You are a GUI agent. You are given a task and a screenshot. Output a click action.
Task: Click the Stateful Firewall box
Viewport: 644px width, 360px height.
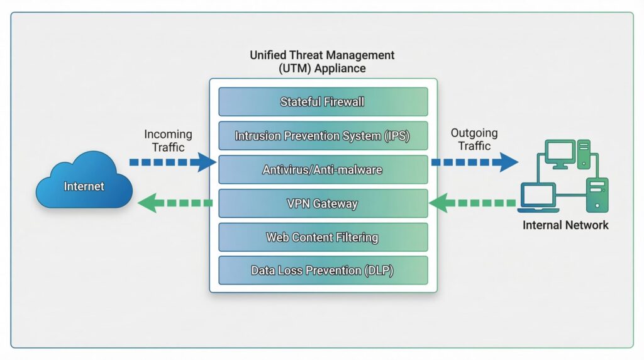pyautogui.click(x=323, y=101)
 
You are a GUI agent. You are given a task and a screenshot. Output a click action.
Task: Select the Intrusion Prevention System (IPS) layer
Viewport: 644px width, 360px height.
pyautogui.click(x=323, y=135)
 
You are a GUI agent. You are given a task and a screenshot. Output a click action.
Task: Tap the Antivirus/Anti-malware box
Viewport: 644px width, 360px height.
pyautogui.click(x=323, y=169)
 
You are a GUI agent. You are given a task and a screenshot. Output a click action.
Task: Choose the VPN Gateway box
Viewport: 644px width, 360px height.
pyautogui.click(x=323, y=203)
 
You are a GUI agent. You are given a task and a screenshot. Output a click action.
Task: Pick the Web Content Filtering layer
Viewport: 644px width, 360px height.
pyautogui.click(x=323, y=237)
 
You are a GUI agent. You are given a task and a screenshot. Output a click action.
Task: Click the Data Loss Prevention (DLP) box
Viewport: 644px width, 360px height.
pyautogui.click(x=323, y=271)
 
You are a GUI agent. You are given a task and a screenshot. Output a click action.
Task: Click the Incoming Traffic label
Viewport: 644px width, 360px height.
pyautogui.click(x=168, y=140)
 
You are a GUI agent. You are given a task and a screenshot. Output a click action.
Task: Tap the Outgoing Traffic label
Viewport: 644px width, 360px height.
pyautogui.click(x=474, y=139)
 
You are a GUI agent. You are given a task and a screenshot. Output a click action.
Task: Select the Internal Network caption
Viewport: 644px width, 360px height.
pyautogui.click(x=565, y=225)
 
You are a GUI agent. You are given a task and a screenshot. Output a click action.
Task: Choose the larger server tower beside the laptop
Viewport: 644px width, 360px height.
pyautogui.click(x=597, y=194)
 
